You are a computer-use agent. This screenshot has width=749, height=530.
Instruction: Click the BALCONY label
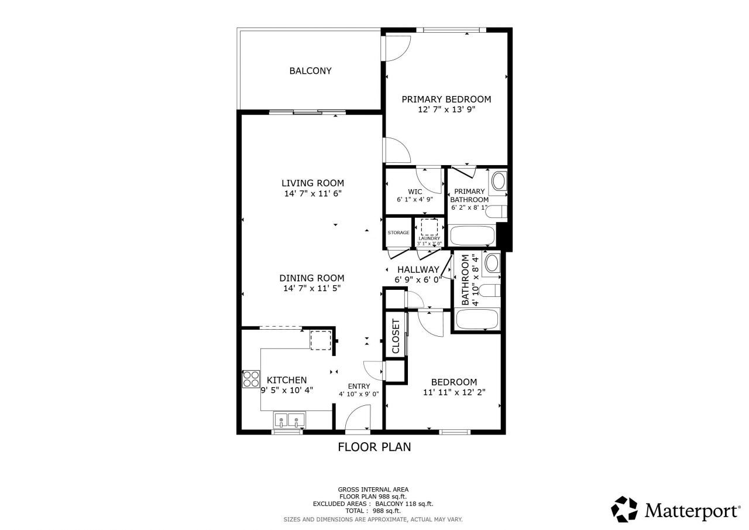pyautogui.click(x=310, y=71)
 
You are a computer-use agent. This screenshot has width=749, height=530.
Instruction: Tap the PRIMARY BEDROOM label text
pyautogui.click(x=446, y=100)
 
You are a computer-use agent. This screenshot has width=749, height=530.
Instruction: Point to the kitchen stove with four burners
pyautogui.click(x=251, y=379)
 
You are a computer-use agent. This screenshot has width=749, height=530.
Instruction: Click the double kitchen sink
pyautogui.click(x=289, y=419)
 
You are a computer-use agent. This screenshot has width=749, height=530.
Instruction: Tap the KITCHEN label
pyautogui.click(x=287, y=380)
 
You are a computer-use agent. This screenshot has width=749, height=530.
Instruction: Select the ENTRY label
pyautogui.click(x=359, y=386)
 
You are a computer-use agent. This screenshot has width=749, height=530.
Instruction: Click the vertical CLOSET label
pyautogui.click(x=396, y=336)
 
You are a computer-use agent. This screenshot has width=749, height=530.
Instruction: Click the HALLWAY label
pyautogui.click(x=418, y=269)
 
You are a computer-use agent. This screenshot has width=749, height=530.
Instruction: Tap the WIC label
pyautogui.click(x=415, y=191)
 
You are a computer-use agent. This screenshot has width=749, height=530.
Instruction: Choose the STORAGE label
pyautogui.click(x=398, y=233)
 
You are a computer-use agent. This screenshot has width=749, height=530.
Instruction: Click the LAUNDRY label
pyautogui.click(x=429, y=238)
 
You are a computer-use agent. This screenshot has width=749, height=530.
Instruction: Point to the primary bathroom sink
pyautogui.click(x=499, y=181)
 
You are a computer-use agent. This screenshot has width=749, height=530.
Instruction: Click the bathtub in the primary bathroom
pyautogui.click(x=472, y=237)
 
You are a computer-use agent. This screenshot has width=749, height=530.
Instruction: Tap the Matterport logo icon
pyautogui.click(x=624, y=510)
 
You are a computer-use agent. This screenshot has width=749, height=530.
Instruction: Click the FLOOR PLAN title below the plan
pyautogui.click(x=374, y=447)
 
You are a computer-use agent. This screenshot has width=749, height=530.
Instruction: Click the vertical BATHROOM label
pyautogui.click(x=466, y=280)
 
